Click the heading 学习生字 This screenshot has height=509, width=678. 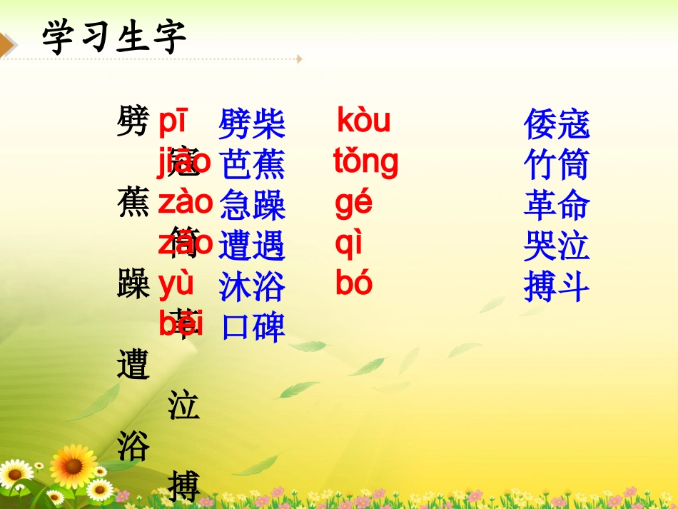(x=114, y=37)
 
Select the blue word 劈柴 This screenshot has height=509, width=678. (x=252, y=124)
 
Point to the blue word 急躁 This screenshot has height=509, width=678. (x=253, y=206)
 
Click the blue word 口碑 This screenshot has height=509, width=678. (x=253, y=327)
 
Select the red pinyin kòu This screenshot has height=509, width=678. (x=363, y=121)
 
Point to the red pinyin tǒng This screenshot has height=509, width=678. (x=365, y=163)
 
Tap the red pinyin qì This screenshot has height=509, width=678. (x=349, y=245)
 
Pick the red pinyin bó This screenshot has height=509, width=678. (x=354, y=284)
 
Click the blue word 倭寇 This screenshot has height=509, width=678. (x=557, y=124)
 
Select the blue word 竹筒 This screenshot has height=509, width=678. (x=557, y=165)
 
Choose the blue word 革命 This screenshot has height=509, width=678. (x=557, y=206)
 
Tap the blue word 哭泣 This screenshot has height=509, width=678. (x=557, y=246)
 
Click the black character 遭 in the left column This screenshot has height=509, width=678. (x=133, y=366)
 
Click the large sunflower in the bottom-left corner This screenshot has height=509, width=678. (x=74, y=465)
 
